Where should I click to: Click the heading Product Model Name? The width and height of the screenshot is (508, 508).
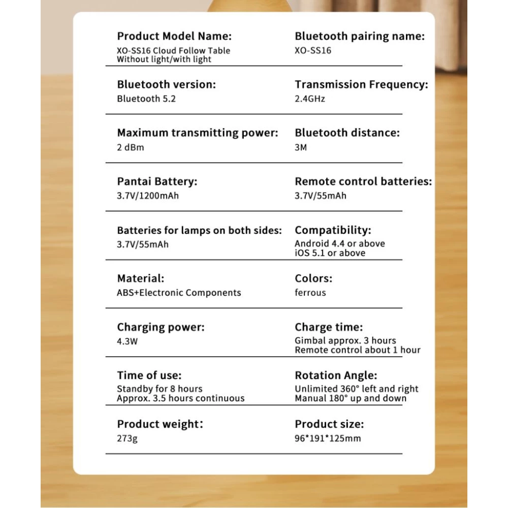pyautogui.click(x=174, y=36)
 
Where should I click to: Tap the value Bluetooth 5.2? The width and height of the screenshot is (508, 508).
pyautogui.click(x=146, y=99)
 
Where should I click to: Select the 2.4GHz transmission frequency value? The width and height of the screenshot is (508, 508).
pyautogui.click(x=310, y=99)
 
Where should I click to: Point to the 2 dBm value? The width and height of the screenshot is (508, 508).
pyautogui.click(x=131, y=147)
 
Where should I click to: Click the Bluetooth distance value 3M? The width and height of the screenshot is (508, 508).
pyautogui.click(x=301, y=147)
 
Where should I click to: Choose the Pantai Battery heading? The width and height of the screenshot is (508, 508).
pyautogui.click(x=157, y=181)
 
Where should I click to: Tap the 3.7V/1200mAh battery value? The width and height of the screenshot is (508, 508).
pyautogui.click(x=148, y=196)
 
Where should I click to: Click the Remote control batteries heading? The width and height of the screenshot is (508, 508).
pyautogui.click(x=363, y=181)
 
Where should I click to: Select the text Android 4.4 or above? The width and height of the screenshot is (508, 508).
pyautogui.click(x=340, y=243)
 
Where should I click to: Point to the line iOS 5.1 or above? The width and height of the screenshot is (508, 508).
pyautogui.click(x=330, y=253)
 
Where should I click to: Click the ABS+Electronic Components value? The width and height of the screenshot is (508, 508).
pyautogui.click(x=179, y=293)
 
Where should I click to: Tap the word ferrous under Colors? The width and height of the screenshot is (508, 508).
pyautogui.click(x=310, y=293)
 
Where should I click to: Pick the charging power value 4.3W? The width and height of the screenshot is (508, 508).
pyautogui.click(x=128, y=341)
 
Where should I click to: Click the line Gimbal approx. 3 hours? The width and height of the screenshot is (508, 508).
pyautogui.click(x=345, y=340)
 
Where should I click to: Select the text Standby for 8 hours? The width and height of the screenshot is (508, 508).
pyautogui.click(x=160, y=389)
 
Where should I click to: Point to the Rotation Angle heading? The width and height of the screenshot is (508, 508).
pyautogui.click(x=336, y=375)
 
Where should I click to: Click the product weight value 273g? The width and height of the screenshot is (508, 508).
pyautogui.click(x=127, y=438)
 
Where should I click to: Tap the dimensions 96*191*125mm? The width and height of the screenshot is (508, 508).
pyautogui.click(x=328, y=438)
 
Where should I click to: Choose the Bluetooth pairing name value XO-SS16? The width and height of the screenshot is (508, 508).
pyautogui.click(x=313, y=50)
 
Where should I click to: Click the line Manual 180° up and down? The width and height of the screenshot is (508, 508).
pyautogui.click(x=351, y=398)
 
